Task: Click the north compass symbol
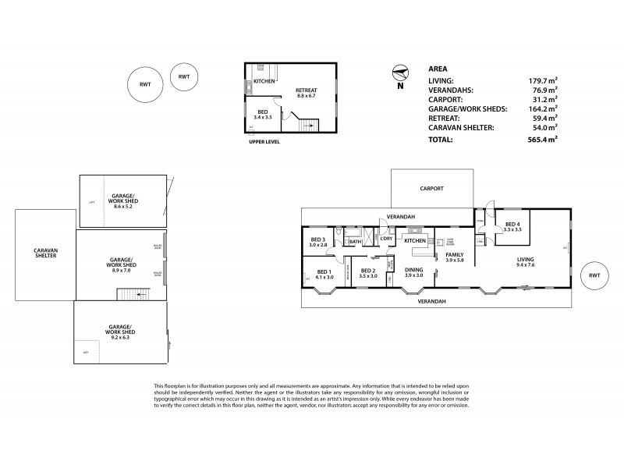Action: click(401, 75)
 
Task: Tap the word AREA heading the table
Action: click(438, 68)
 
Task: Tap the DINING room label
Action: click(414, 268)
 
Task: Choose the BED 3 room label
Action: click(317, 239)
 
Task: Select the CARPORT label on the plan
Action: click(431, 188)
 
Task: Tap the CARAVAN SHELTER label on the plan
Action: click(45, 253)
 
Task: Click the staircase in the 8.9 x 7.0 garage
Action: click(129, 295)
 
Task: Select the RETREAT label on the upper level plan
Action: click(306, 90)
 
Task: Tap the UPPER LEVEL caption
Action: click(262, 141)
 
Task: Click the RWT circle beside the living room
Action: click(594, 275)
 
